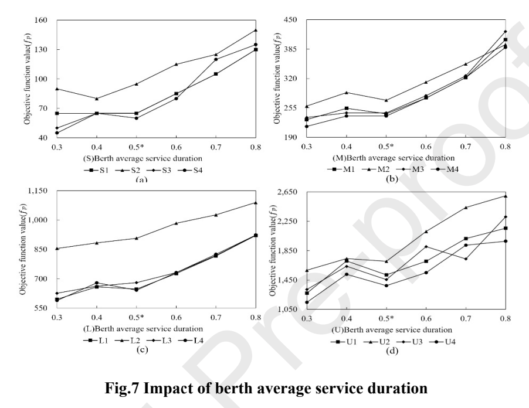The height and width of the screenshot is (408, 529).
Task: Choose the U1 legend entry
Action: tap(344, 342)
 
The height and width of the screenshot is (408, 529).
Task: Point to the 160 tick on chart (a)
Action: tap(41, 20)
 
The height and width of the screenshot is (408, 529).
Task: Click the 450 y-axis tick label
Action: tap(290, 19)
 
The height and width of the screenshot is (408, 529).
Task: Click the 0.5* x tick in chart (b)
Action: tap(387, 147)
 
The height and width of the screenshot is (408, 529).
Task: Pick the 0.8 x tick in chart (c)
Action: tap(256, 317)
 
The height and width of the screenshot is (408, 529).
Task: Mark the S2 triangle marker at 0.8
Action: tap(256, 30)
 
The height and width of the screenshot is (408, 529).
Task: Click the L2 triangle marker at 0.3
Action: tap(57, 248)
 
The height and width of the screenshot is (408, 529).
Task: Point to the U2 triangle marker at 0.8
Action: tap(506, 196)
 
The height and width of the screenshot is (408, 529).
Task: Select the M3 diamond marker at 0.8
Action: tap(506, 31)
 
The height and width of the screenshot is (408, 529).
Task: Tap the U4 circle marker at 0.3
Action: tap(307, 302)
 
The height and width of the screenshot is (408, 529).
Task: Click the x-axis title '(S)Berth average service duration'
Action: tap(143, 158)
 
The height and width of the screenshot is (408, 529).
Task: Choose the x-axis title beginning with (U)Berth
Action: tap(391, 329)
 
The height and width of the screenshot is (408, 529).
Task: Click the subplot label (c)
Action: tap(142, 349)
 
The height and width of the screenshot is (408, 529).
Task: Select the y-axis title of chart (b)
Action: tap(277, 78)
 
